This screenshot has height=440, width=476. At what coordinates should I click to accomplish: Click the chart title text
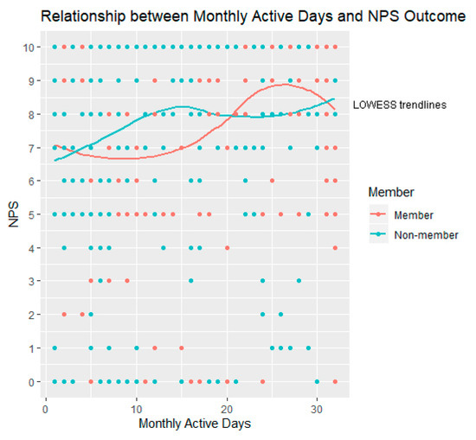238,16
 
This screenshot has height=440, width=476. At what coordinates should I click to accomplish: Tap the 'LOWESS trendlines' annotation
399,105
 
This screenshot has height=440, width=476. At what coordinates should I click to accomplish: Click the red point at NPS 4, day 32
335,248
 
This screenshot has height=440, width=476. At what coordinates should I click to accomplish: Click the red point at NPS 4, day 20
227,248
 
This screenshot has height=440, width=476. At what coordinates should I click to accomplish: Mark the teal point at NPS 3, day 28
299,281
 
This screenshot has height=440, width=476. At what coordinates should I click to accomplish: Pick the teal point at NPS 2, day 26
280,315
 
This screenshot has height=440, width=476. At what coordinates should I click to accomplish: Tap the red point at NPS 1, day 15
182,348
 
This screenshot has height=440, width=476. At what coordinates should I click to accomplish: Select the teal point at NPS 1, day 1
55,348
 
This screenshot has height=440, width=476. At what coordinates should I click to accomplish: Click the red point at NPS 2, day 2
64,315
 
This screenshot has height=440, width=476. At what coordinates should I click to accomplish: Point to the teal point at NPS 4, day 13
164,248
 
